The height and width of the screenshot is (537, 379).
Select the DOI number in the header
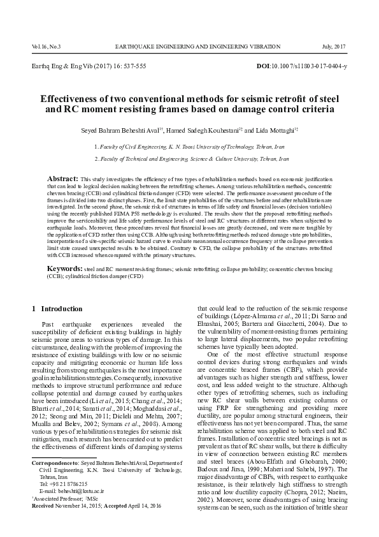point(310,66)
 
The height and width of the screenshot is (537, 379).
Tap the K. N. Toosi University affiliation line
point(189,146)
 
